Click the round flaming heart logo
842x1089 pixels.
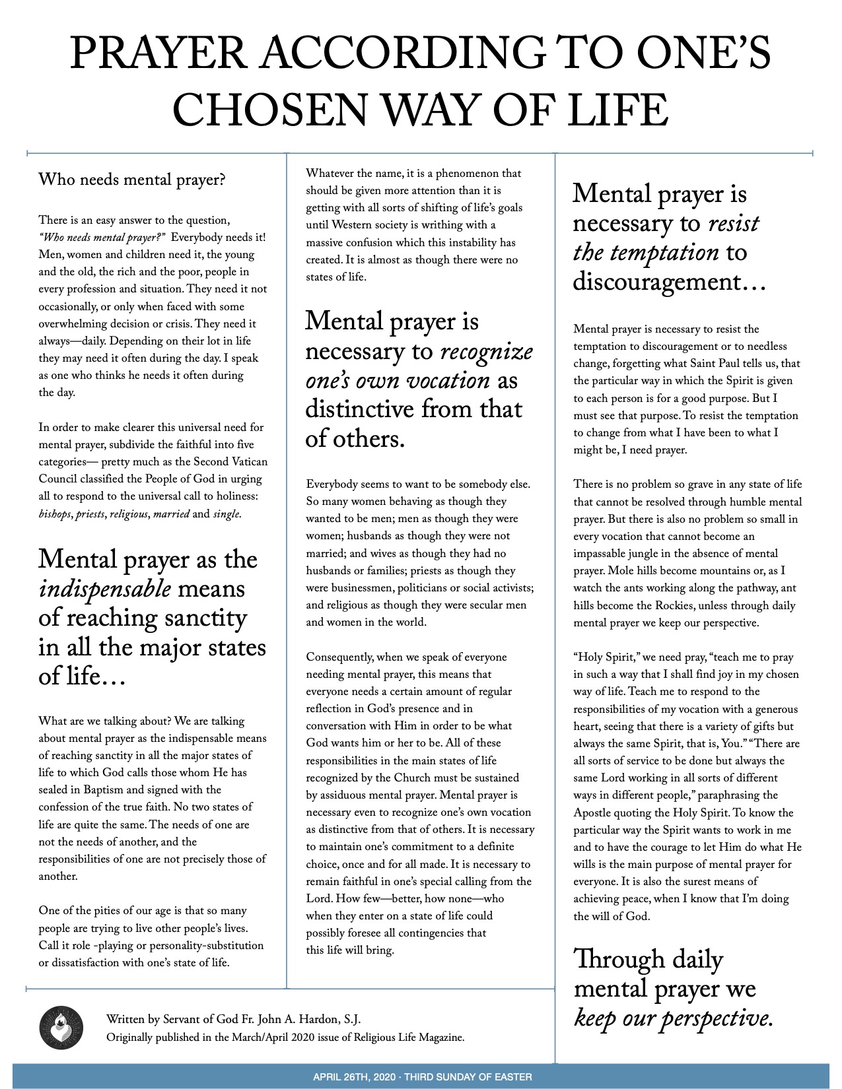coord(61,1028)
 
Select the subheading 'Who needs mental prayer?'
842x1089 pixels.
coord(132,180)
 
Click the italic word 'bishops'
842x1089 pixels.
coord(55,513)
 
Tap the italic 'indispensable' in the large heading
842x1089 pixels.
coord(105,588)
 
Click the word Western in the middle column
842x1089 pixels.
coord(353,225)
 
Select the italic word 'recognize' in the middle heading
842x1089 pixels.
coord(486,351)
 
